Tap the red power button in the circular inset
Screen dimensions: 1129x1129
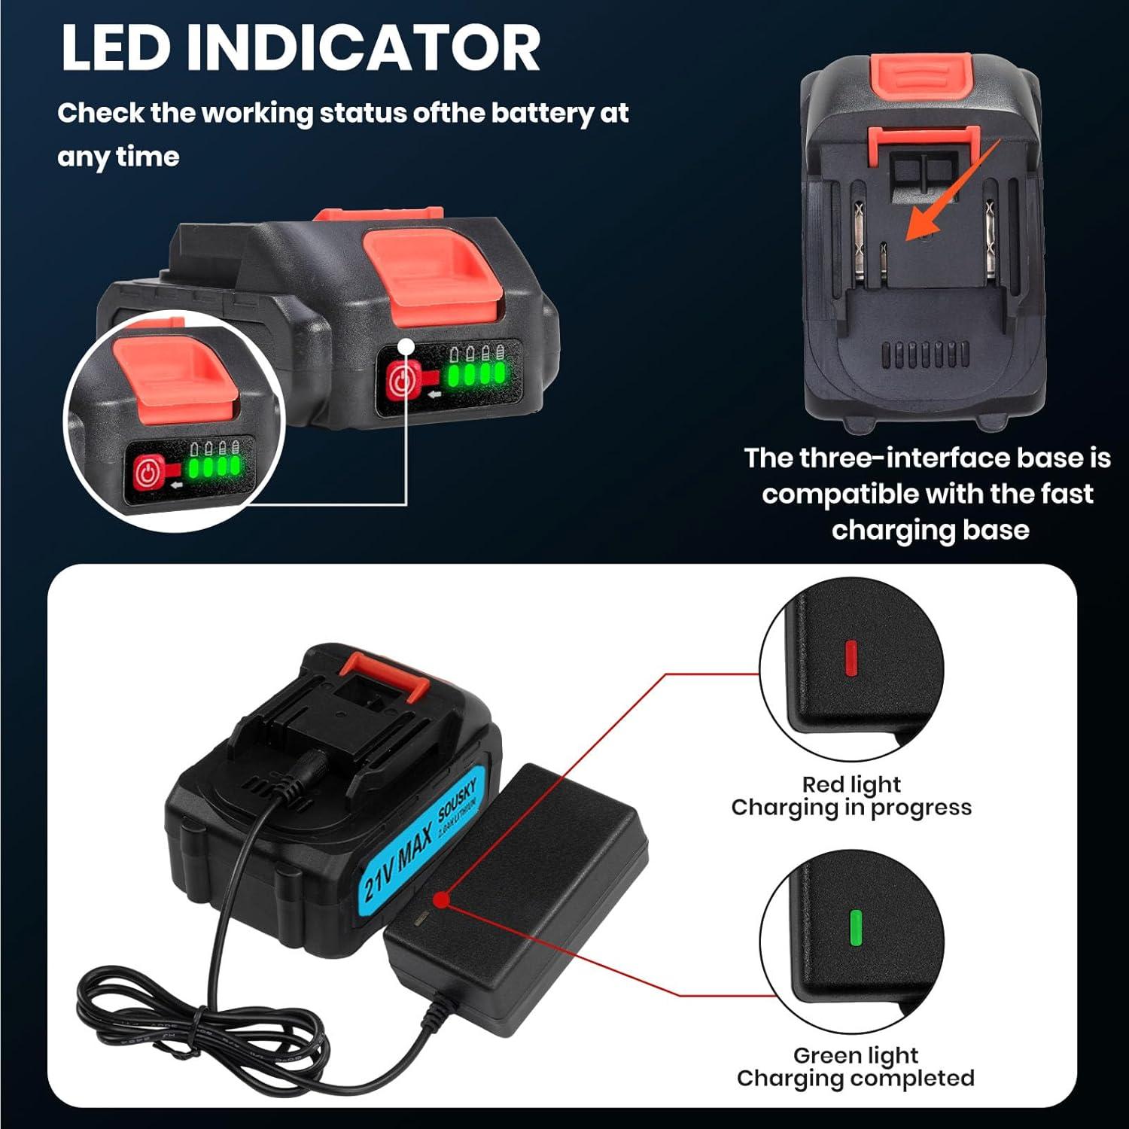tap(148, 474)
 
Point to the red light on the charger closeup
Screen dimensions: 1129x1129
tap(851, 657)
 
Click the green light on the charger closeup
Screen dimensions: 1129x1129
tap(855, 927)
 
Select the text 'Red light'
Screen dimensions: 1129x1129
tap(851, 784)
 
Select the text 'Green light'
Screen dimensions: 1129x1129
tap(856, 1055)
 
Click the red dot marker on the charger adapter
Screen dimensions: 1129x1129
tap(442, 899)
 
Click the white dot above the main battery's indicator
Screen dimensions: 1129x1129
tap(406, 346)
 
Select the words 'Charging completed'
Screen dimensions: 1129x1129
tap(855, 1079)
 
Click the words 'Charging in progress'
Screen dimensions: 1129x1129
tap(851, 808)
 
